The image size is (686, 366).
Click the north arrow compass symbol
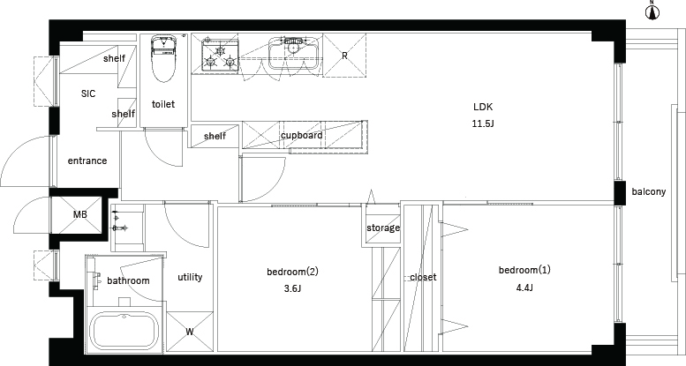[x=652, y=12]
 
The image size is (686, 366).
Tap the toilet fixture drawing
[x=162, y=58]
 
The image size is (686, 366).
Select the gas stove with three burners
[x=220, y=55]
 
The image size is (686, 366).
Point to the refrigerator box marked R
[x=344, y=56]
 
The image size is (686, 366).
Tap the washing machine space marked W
[x=190, y=332]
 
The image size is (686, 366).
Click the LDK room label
[x=483, y=107]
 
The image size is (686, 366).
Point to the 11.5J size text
[x=483, y=123]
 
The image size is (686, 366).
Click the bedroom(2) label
[x=293, y=272]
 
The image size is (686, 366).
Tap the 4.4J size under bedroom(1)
[x=524, y=288]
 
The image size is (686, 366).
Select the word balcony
[x=649, y=191]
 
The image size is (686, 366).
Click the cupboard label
[x=302, y=135]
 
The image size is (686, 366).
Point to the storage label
[x=383, y=228]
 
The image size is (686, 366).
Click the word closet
[x=423, y=277]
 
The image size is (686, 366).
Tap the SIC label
[x=88, y=93]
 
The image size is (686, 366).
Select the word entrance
[x=87, y=161]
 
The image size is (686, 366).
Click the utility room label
[x=190, y=277]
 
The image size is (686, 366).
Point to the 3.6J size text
[x=293, y=289]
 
